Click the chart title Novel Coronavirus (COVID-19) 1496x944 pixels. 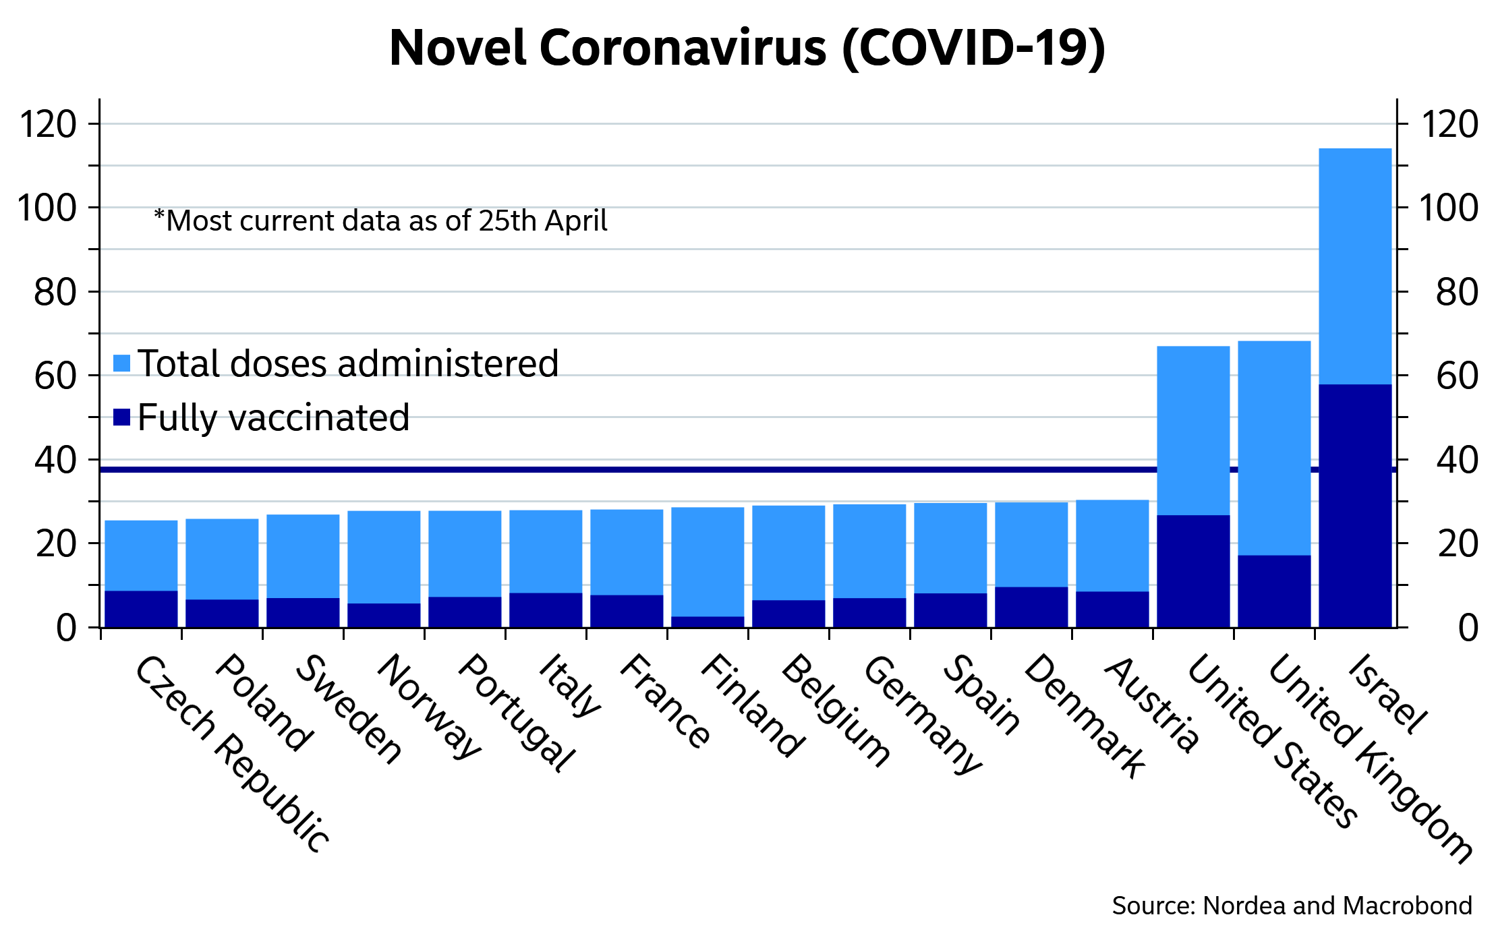pos(747,49)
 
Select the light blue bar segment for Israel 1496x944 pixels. pos(1355,266)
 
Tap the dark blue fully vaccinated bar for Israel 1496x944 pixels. pos(1355,506)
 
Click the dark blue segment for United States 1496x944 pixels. pos(1193,571)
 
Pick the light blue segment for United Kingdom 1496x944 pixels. pos(1274,448)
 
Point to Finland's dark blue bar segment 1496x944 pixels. pos(708,622)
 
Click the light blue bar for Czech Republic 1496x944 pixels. pos(141,556)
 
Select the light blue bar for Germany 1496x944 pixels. pos(869,551)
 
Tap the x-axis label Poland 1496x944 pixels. pos(264,703)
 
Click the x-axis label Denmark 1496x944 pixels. pos(1084,716)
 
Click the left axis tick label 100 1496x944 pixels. pos(48,208)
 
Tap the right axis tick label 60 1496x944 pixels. pos(1457,376)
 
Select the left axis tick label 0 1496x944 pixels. pos(67,628)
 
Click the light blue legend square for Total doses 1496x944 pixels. pos(121,363)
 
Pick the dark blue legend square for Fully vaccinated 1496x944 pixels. pos(121,417)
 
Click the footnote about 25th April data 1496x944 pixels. pos(380,221)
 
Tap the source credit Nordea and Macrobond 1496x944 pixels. pos(1292,906)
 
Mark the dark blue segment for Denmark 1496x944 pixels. pos(1031,608)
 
